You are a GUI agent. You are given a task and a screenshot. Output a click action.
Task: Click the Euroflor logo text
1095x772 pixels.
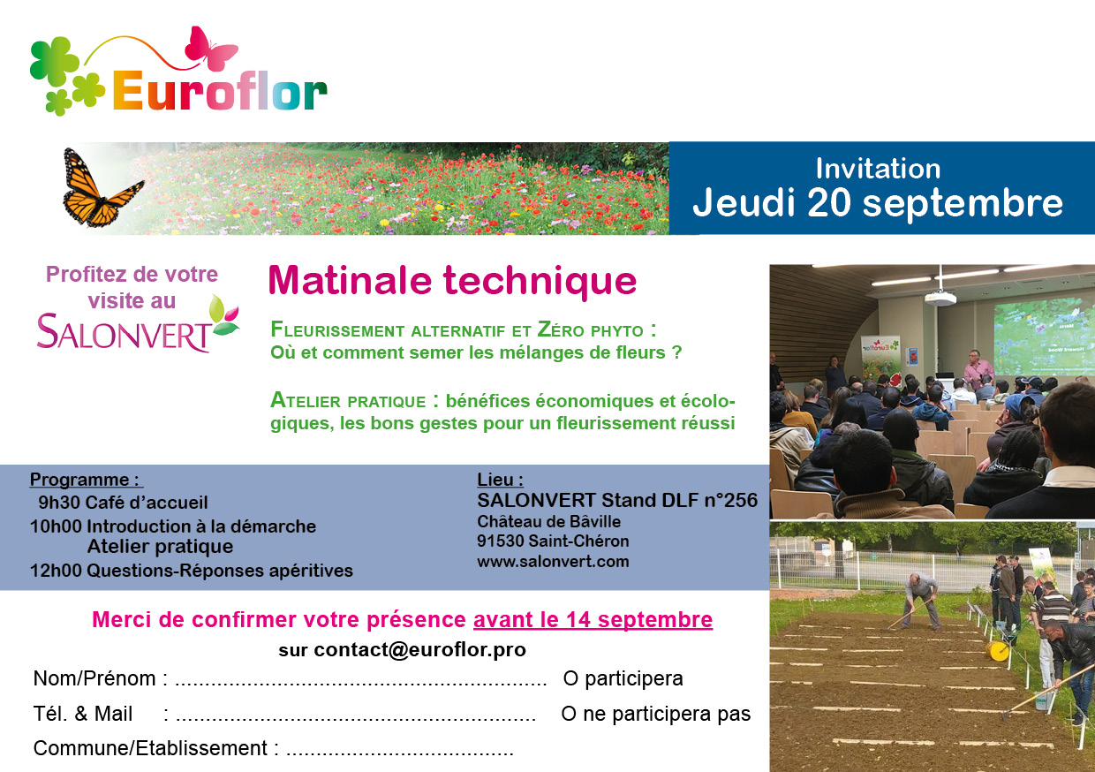[220, 91]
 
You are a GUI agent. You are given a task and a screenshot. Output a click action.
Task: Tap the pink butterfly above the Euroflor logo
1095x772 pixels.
[211, 48]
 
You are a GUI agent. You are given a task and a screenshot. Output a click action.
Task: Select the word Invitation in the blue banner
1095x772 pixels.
[878, 169]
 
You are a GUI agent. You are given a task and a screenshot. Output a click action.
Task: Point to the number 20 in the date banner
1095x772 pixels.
[829, 202]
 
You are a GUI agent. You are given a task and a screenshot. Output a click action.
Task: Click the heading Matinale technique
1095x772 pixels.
[453, 281]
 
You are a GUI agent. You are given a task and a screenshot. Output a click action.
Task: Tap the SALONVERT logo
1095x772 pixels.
[138, 326]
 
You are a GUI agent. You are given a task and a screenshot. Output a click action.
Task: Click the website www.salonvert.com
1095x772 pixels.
[553, 561]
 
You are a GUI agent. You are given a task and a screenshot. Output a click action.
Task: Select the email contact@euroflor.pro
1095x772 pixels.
[420, 650]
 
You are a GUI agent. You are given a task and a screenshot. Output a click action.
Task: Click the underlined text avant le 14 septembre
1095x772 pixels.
[593, 620]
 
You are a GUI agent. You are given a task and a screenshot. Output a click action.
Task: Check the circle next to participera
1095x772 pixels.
[570, 678]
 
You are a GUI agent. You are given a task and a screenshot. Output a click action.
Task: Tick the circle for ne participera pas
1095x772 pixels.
[569, 714]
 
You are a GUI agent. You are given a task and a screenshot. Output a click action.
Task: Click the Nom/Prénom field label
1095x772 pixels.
[94, 678]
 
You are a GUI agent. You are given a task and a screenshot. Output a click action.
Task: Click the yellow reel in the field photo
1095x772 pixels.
[997, 651]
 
